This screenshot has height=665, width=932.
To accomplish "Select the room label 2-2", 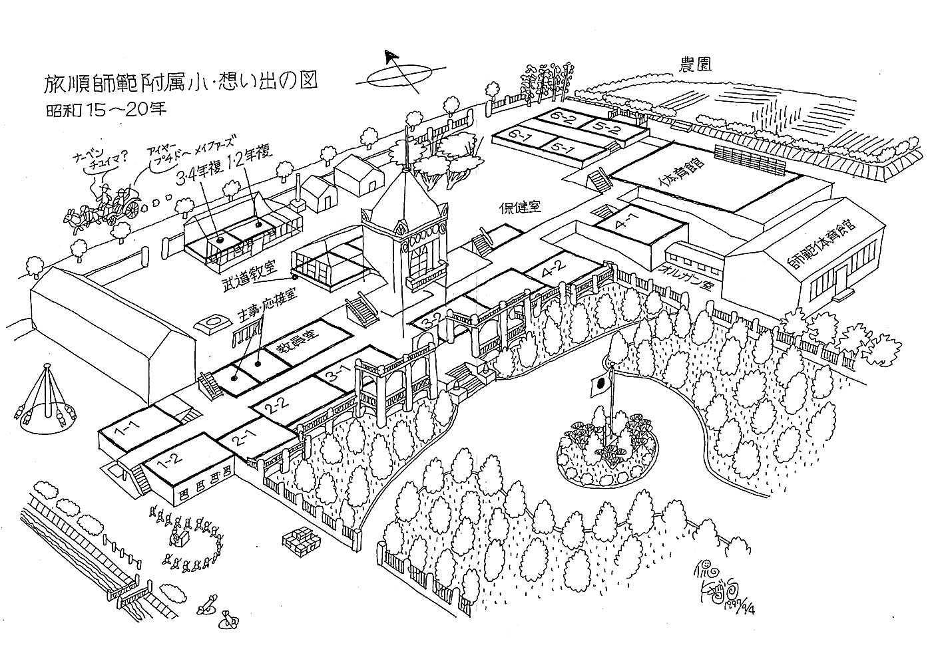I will [x=274, y=407].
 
